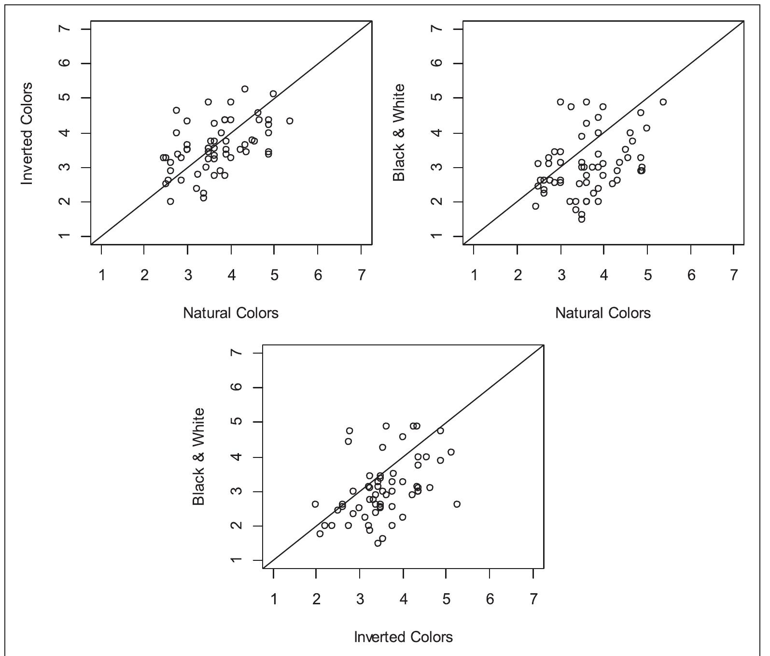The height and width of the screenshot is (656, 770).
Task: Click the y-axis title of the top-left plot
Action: pos(27,133)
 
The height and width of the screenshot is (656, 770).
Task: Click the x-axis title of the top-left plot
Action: pos(231,313)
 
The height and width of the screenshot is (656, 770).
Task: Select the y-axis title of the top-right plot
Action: pos(399,133)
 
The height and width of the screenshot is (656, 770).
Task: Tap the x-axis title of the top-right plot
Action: pos(603,313)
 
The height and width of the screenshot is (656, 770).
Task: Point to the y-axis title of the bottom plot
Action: pos(199,457)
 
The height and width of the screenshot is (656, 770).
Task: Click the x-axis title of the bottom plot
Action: pos(404,637)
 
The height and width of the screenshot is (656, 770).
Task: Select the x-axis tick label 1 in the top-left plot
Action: pos(102,275)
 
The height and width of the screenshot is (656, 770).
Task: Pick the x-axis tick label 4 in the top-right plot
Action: pos(603,275)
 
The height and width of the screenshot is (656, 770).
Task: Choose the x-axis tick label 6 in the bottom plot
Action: pos(490,599)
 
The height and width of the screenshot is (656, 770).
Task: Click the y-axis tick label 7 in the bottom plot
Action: pos(238,353)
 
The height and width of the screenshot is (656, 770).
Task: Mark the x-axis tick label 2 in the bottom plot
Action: pos(316,599)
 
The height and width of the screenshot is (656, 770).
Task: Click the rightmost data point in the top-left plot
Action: pos(290,121)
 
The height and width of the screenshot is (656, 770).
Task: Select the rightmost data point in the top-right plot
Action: pos(663,102)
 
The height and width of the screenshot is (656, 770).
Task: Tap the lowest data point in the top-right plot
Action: pos(582,219)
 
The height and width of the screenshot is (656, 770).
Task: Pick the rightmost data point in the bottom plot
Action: pos(457,504)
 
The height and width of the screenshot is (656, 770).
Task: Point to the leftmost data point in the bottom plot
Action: pos(315,504)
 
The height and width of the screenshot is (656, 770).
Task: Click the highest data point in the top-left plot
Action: pos(245,89)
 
